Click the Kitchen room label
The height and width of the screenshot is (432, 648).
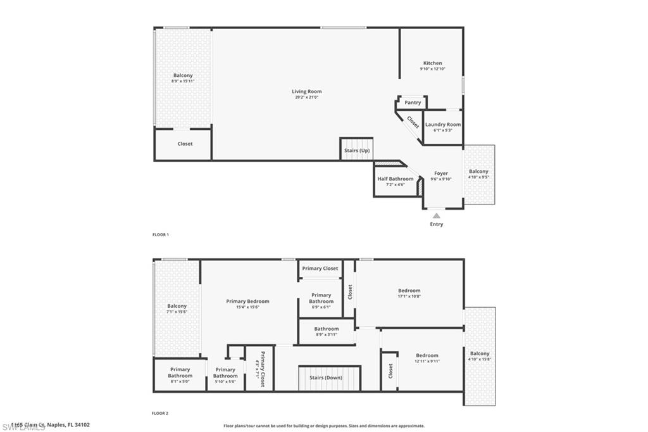coord(433,63)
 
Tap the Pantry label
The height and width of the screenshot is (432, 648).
coord(413,103)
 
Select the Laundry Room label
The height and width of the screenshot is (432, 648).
coord(443,125)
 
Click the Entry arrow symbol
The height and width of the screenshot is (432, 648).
coord(437,216)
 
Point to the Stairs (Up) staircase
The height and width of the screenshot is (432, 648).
coord(356,149)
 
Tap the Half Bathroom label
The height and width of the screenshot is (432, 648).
coord(396,179)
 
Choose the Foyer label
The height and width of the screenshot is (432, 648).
coord(440,174)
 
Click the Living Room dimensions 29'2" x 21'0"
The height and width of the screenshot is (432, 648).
coord(306,98)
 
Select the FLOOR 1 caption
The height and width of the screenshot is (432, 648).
coord(160,234)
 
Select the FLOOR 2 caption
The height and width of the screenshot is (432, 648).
coord(160,413)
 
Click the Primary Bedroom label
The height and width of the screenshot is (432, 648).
coord(247,302)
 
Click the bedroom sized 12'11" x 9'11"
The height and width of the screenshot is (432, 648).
coord(427,358)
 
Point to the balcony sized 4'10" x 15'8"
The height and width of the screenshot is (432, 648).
coord(480,357)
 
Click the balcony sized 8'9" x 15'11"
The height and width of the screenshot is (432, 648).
coord(183,78)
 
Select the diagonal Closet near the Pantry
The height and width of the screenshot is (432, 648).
coord(413,122)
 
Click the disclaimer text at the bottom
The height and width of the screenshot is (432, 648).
coord(324,426)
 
